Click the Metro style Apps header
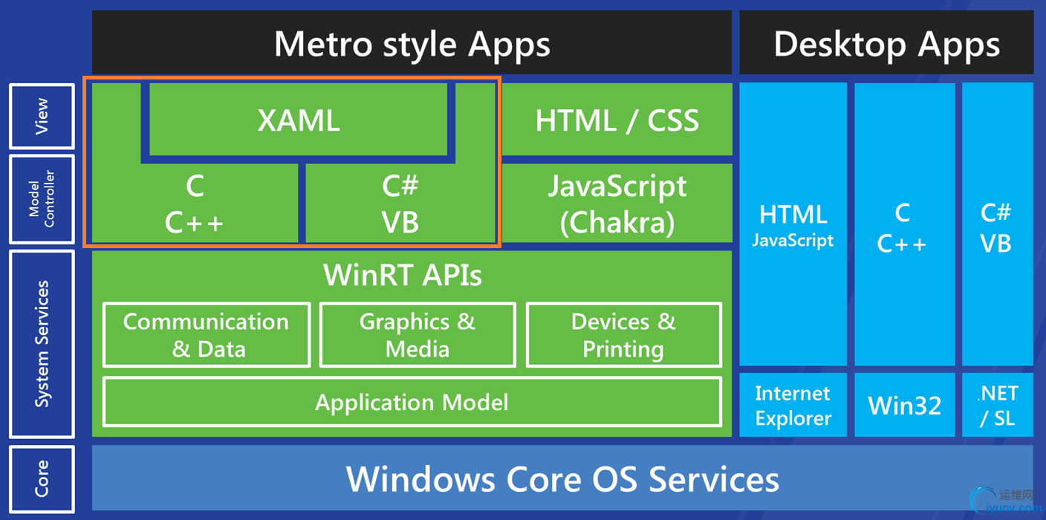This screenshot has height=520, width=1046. click(x=412, y=43)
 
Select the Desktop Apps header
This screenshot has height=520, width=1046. click(x=886, y=43)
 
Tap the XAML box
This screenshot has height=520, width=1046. click(x=299, y=120)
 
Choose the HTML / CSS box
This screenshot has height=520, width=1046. click(x=617, y=120)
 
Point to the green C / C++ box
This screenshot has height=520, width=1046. click(x=194, y=204)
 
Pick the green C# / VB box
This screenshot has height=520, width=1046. click(x=400, y=204)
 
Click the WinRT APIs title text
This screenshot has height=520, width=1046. click(x=403, y=276)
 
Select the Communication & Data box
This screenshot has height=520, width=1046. click(x=207, y=335)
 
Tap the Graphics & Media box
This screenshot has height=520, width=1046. click(x=418, y=335)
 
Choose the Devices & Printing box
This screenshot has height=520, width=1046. click(x=623, y=335)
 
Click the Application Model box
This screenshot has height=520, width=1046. click(x=412, y=402)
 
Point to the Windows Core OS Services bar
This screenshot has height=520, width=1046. click(x=562, y=478)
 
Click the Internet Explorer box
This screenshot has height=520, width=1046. click(x=793, y=405)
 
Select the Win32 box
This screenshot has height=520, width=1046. click(x=904, y=405)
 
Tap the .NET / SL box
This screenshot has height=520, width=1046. click(x=997, y=405)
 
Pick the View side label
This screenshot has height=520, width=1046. click(x=42, y=116)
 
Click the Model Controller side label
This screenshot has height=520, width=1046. click(x=42, y=199)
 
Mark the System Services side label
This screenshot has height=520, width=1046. click(x=42, y=344)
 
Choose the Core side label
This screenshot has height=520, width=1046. click(x=42, y=478)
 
